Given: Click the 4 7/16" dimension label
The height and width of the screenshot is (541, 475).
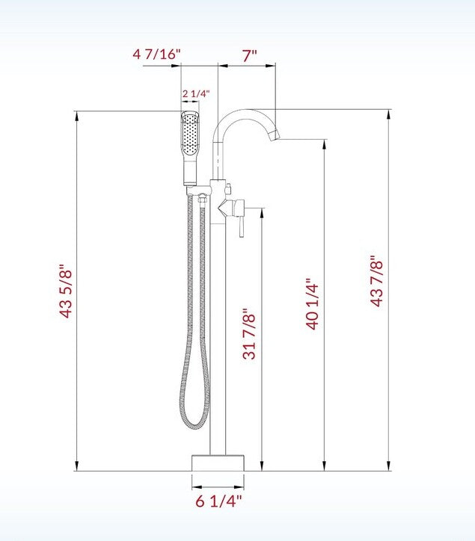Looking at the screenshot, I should pyautogui.click(x=157, y=54).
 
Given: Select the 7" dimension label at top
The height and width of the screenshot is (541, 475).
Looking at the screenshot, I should pyautogui.click(x=249, y=54).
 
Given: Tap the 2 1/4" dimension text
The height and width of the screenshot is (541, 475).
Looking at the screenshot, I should pyautogui.click(x=196, y=93).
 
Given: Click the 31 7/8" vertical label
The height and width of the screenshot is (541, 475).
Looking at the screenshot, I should pyautogui.click(x=251, y=335).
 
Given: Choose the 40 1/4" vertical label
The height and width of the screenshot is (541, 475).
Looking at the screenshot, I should pyautogui.click(x=312, y=304).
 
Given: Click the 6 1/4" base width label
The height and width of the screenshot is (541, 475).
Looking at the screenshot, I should pyautogui.click(x=219, y=501).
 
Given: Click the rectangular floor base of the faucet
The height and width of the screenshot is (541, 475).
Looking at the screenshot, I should pyautogui.click(x=218, y=462).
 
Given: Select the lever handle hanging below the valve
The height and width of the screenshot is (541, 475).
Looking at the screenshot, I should pyautogui.click(x=241, y=224).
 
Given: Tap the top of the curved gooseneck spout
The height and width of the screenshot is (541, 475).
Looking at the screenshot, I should pyautogui.click(x=243, y=113).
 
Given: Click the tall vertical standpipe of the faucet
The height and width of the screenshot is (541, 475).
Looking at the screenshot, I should pyautogui.click(x=218, y=336).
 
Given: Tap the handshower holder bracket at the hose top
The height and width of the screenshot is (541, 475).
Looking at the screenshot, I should pyautogui.click(x=200, y=197).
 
